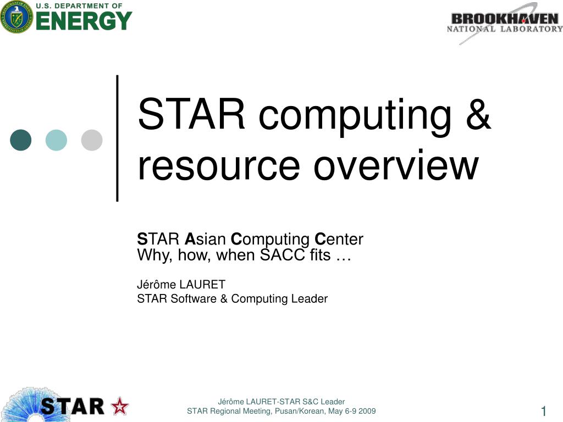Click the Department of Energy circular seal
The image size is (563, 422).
(16, 16)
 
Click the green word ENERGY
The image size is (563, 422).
(84, 21)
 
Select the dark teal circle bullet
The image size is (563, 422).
(21, 140)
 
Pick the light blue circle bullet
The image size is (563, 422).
(56, 140)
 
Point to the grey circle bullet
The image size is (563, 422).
(92, 140)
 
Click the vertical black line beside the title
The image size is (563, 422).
(117, 137)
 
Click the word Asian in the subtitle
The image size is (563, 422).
(205, 240)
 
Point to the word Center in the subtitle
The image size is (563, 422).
(339, 240)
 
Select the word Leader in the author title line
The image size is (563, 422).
(310, 299)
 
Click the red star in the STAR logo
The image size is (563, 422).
(119, 407)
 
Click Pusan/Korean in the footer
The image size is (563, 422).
(295, 412)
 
